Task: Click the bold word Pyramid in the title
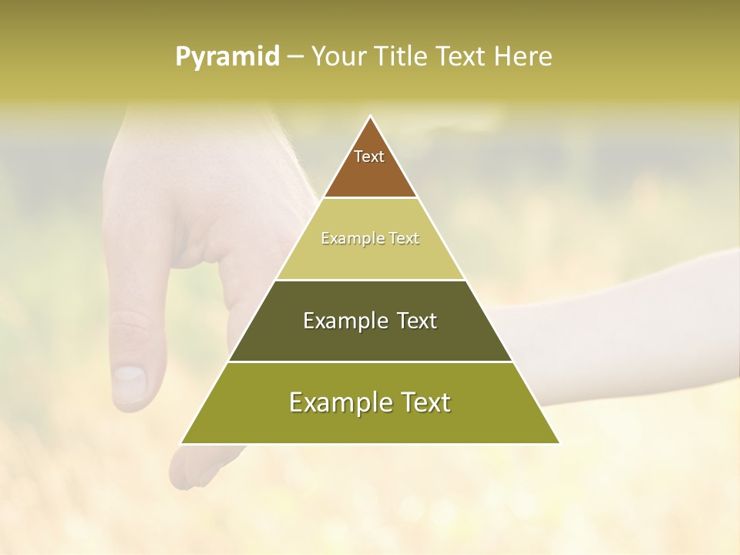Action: [x=227, y=57]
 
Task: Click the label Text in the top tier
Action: [x=369, y=156]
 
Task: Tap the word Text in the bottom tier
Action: [x=425, y=402]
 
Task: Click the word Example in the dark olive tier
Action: [x=345, y=321]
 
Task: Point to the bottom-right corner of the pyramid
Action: [x=559, y=443]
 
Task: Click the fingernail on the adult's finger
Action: [x=129, y=383]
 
